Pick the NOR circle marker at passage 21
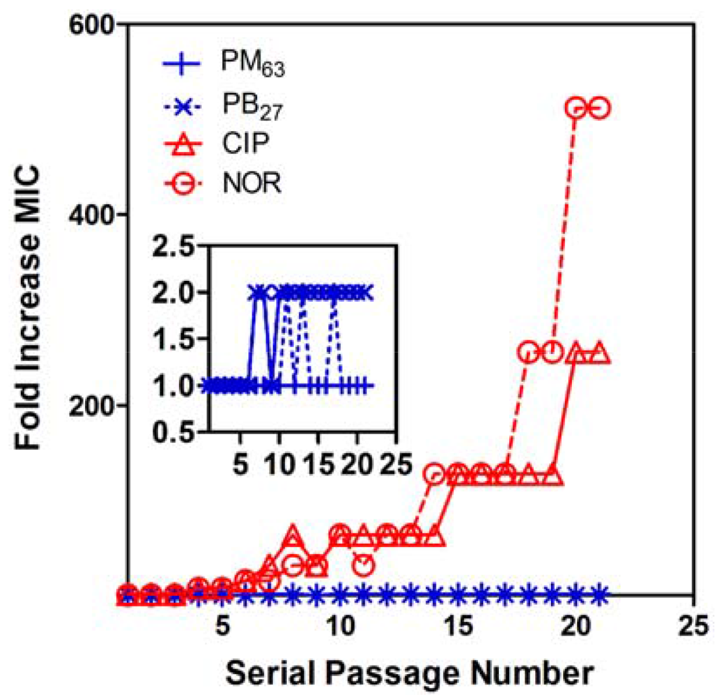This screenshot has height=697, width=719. [599, 108]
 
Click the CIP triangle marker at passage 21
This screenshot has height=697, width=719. [599, 353]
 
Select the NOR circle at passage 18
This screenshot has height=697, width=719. [528, 352]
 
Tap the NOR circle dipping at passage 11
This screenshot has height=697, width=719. [363, 565]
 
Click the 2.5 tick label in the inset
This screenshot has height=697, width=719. [174, 245]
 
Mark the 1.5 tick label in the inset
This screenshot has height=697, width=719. [174, 339]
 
